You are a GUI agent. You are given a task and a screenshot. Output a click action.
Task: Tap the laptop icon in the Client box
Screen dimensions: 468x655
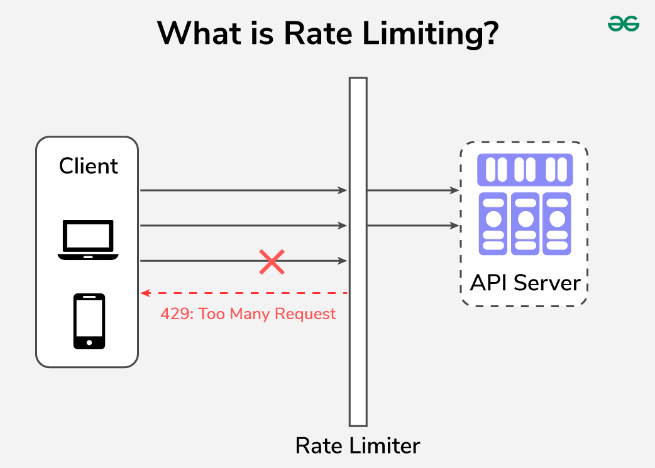coord(88,240)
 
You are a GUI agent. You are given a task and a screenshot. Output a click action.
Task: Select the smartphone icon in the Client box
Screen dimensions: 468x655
coord(89,321)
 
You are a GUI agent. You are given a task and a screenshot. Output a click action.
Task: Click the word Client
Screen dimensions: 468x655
coord(89,166)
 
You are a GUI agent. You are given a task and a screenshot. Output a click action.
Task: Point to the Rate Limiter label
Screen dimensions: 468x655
coord(358,445)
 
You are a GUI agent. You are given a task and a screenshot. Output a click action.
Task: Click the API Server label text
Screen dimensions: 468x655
coord(525,283)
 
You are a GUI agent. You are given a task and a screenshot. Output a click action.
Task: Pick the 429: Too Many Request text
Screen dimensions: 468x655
coord(248,313)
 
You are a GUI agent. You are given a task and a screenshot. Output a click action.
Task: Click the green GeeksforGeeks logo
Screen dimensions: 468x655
coord(623,24)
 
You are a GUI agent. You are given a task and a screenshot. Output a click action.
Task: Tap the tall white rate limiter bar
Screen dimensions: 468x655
coord(358,251)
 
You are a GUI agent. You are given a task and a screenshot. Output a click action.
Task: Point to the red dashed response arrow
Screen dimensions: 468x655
coord(245,293)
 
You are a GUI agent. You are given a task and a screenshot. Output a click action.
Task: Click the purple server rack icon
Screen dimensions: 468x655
coord(525,205)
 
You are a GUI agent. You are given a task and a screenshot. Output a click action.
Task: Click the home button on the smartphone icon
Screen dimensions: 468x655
coord(89,343)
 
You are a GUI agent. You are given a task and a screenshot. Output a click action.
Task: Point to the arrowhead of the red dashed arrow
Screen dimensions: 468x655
coord(144,293)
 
